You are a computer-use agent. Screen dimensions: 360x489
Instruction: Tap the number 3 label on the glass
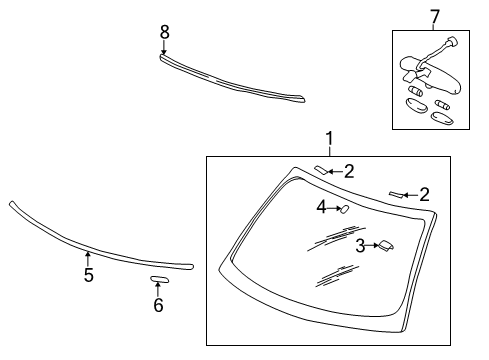358,244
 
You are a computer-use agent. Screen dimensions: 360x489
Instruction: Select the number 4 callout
322,207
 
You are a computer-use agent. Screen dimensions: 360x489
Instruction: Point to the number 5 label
88,275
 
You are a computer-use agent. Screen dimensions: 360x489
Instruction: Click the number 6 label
157,305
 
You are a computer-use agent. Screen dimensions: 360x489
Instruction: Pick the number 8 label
165,32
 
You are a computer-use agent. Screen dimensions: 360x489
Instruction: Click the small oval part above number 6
158,279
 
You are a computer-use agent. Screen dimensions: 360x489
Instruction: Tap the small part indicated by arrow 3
384,244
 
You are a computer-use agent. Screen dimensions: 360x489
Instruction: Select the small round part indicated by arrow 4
342,209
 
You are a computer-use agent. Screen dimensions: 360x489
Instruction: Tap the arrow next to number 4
333,208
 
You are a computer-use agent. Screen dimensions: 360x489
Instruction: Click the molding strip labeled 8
230,81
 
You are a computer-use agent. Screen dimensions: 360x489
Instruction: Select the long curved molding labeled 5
90,247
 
